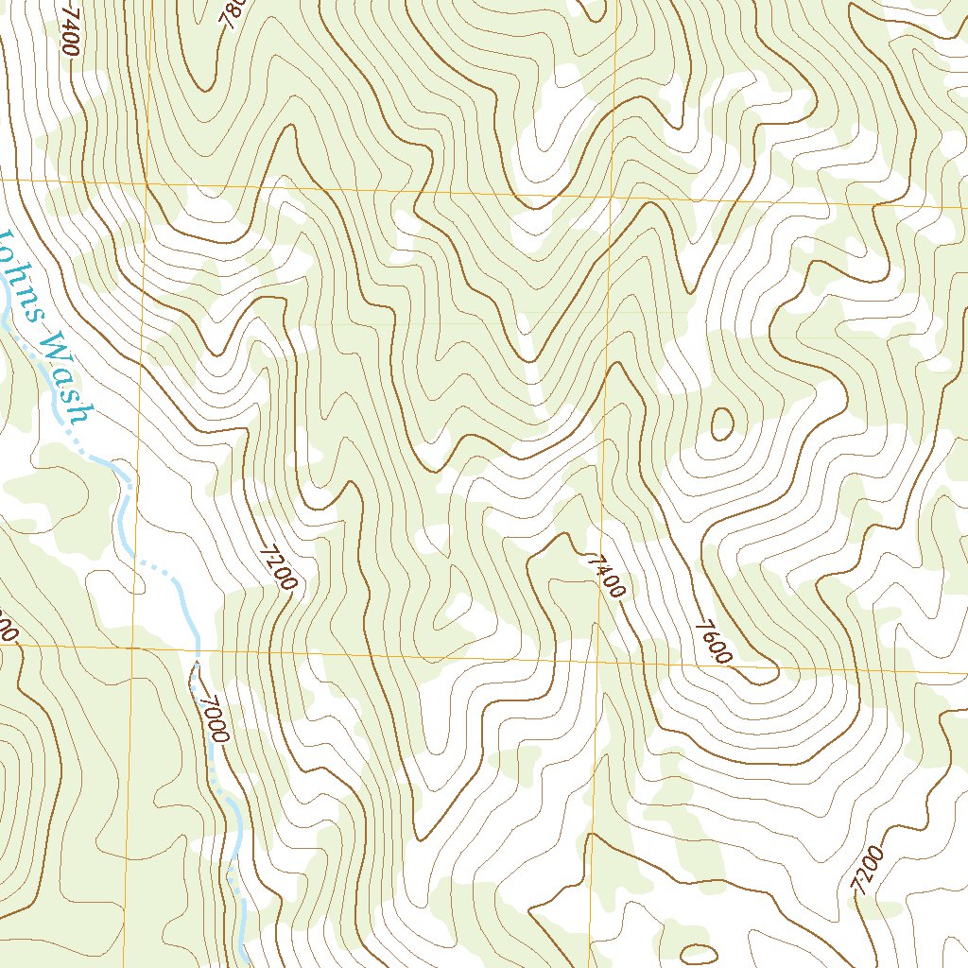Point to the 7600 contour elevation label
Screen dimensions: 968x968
(714, 642)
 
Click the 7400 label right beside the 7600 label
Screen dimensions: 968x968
(605, 576)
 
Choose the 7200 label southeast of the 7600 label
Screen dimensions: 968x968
(867, 869)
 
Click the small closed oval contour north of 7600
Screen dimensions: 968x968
(721, 423)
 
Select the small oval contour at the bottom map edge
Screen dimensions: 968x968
(699, 954)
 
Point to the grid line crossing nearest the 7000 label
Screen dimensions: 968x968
(133, 649)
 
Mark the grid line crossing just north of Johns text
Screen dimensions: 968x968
(145, 181)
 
